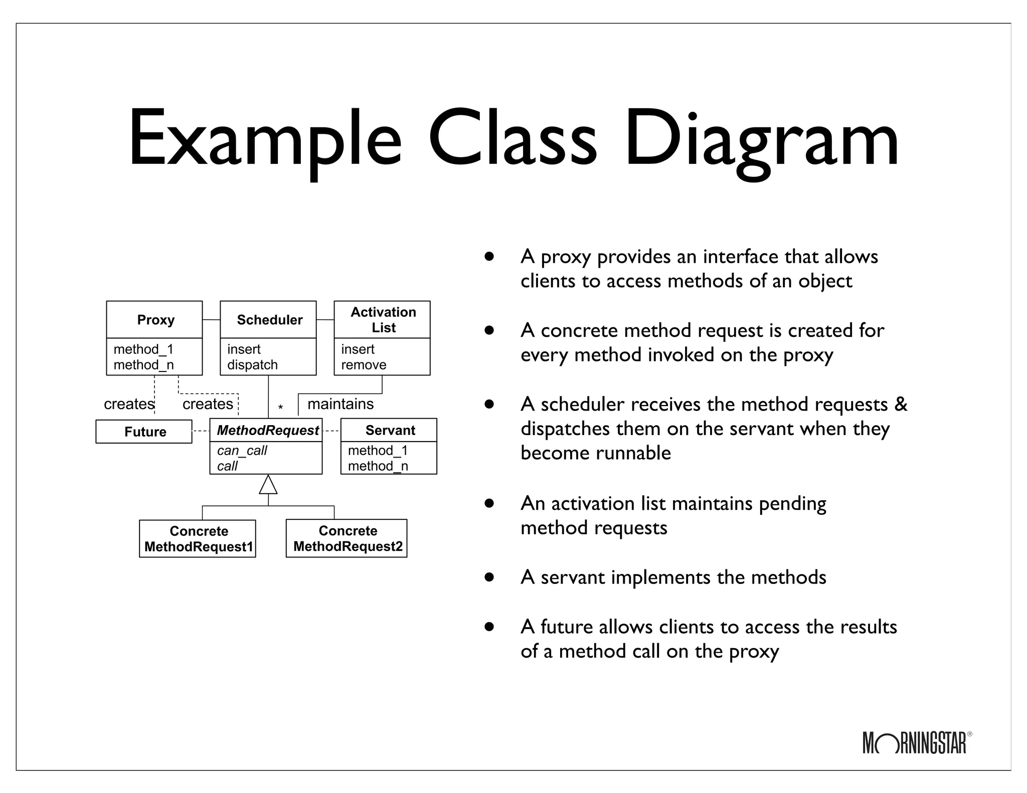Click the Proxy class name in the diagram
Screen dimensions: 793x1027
coord(155,320)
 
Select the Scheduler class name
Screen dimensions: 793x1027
coord(269,320)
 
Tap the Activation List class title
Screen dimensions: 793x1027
coord(383,320)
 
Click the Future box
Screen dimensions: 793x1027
coord(144,432)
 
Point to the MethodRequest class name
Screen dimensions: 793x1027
coord(267,431)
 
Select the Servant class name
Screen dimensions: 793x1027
coord(390,431)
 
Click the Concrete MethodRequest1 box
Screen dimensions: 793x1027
coord(198,539)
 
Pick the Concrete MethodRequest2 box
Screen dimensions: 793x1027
coord(347,538)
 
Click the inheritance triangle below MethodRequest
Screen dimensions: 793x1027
coord(268,485)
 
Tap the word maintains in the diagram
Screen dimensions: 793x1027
coord(340,404)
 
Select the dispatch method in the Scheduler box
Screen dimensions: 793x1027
coord(252,365)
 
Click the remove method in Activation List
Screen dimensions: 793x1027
coord(364,365)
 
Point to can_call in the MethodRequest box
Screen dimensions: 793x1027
coord(242,450)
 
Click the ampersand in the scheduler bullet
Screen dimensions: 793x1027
coord(901,405)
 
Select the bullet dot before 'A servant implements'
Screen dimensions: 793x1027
coord(489,577)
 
